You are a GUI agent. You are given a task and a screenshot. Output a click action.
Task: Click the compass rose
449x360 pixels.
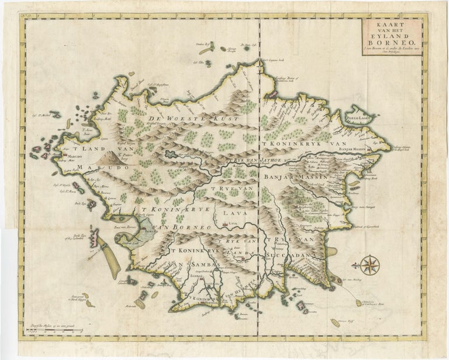pyautogui.click(x=369, y=265)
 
